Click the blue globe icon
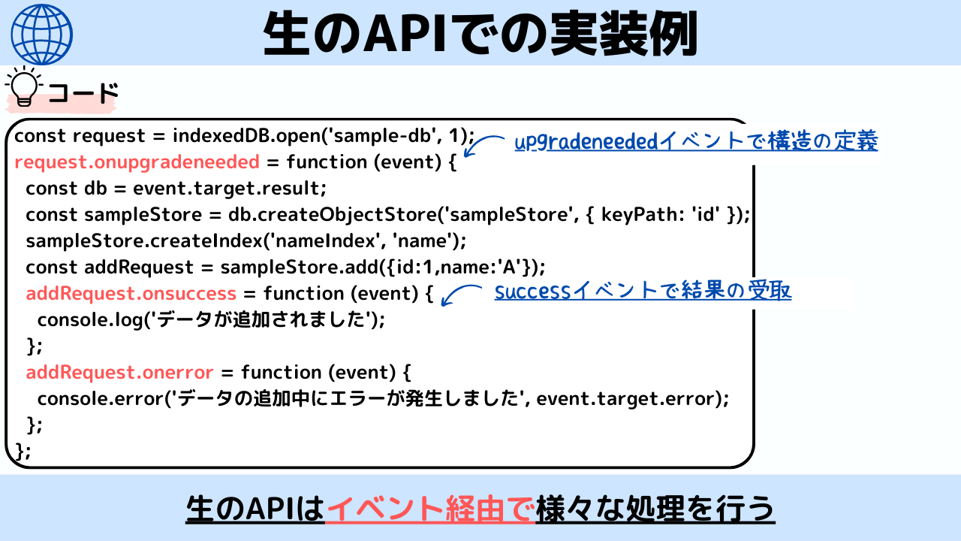[41, 35]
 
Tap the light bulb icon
[23, 86]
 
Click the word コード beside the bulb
[83, 92]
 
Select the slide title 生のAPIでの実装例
[480, 34]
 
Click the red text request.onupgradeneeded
[137, 162]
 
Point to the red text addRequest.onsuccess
[131, 294]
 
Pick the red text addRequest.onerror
[119, 372]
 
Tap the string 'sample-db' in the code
[383, 136]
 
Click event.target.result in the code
[227, 189]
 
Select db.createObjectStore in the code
[332, 215]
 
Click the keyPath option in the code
[638, 215]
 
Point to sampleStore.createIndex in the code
[143, 241]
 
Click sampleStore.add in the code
[299, 267]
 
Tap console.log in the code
[90, 320]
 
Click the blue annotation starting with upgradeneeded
[696, 141]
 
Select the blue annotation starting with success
[643, 291]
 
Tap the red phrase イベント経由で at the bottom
[430, 509]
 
